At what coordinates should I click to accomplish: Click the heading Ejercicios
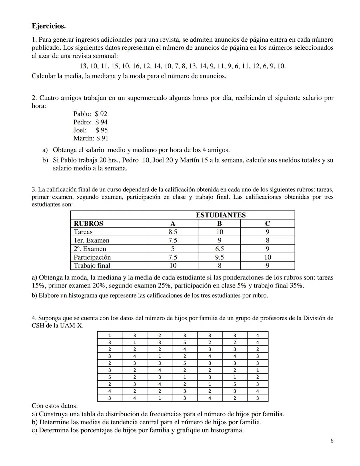pos(49,26)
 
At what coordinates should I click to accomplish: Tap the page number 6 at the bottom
pos(332,441)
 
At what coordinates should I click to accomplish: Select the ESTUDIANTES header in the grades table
pos(220,215)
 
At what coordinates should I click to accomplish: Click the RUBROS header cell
pos(88,223)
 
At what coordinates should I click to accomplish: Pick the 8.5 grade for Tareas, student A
pos(173,232)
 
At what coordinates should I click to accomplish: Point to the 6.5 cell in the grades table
pos(219,249)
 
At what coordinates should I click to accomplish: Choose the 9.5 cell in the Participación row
pos(219,257)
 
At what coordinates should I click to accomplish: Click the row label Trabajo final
pos(92,266)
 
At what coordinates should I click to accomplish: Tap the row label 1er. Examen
pos(91,240)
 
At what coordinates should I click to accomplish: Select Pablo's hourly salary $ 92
pos(101,114)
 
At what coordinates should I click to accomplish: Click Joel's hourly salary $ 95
pos(101,130)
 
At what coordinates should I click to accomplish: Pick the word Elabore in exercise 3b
pos(49,296)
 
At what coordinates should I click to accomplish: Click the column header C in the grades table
pos(267,223)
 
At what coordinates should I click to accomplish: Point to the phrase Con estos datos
pos(55,406)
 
